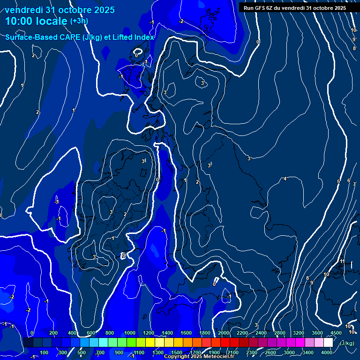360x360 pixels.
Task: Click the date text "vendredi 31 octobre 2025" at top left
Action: tap(60, 10)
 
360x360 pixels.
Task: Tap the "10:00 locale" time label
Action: tap(36, 21)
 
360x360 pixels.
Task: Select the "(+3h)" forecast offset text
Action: tap(79, 21)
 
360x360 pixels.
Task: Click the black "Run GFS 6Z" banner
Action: tap(294, 8)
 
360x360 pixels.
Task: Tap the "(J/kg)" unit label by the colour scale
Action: tap(346, 344)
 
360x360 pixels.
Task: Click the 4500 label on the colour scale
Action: tap(336, 333)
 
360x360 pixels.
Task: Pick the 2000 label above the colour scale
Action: tap(224, 333)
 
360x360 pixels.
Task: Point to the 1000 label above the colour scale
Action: tap(130, 333)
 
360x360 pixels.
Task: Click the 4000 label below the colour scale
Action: tap(327, 352)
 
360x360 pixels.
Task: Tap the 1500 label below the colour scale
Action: tap(177, 352)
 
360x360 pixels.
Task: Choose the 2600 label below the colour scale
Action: tap(270, 352)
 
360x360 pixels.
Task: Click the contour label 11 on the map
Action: tap(342, 262)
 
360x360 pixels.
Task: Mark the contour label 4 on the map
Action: tap(285, 179)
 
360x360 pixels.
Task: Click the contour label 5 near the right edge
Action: tap(338, 181)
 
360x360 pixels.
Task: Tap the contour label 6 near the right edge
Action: tap(348, 180)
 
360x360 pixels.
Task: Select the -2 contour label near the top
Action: tap(181, 22)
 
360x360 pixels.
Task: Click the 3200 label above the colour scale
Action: tap(299, 333)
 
